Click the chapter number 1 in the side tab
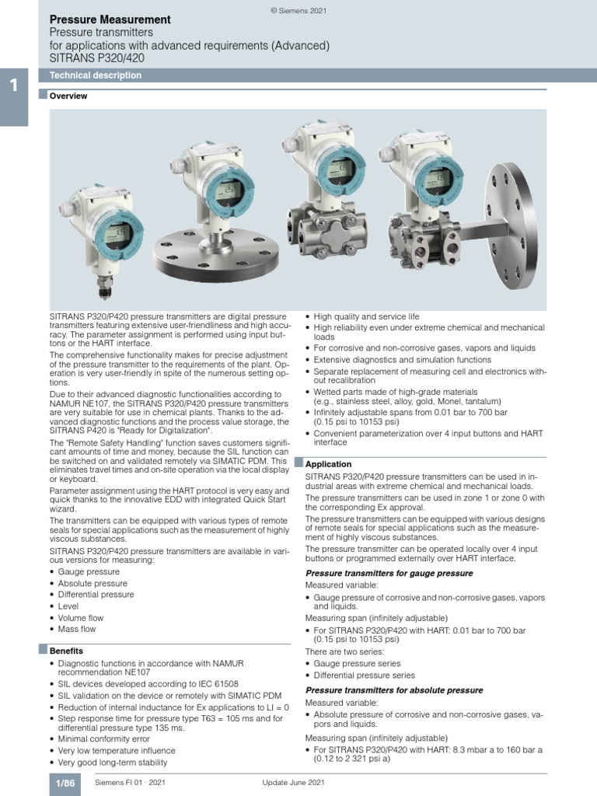pos(13,87)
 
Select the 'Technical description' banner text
pos(96,75)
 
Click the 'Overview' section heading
pos(68,96)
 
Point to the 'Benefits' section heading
pos(67,650)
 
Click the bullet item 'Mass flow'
pos(79,628)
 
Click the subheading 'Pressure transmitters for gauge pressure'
pos(389,573)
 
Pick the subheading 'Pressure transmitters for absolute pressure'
pos(394,690)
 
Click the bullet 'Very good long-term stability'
pos(113,763)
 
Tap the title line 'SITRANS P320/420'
pos(96,58)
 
